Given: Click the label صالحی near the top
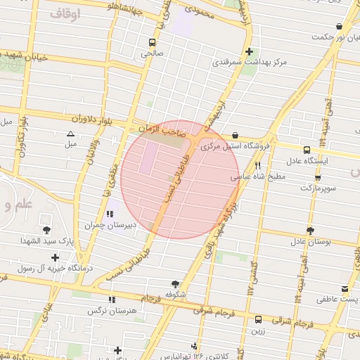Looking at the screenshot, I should point(152,53).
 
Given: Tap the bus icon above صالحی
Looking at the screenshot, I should point(153,41).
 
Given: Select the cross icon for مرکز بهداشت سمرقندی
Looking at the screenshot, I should point(250,51).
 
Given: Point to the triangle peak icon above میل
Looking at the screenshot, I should point(70,134).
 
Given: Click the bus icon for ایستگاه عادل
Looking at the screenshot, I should point(307,150).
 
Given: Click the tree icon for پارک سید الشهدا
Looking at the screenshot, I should point(47,230).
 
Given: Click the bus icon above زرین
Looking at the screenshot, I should point(258,319).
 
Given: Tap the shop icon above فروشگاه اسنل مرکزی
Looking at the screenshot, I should point(235,136).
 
